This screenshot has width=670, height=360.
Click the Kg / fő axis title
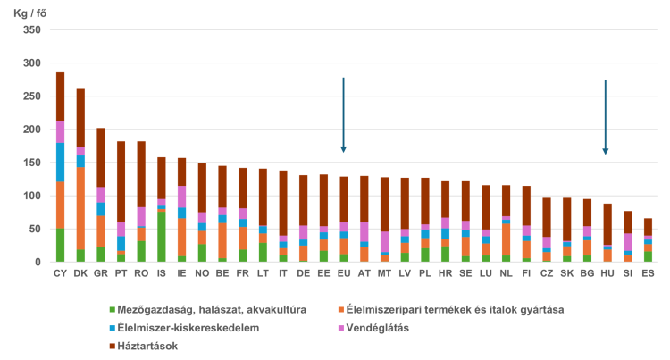(29, 13)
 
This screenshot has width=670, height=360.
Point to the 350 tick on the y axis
(32, 29)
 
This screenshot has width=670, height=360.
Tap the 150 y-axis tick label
(32, 163)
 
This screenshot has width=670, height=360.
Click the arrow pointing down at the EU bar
(343, 115)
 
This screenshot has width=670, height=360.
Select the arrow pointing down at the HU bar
(605, 117)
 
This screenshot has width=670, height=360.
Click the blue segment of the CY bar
(60, 163)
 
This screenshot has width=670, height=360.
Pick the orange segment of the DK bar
(80, 208)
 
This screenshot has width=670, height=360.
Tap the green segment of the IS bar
(162, 237)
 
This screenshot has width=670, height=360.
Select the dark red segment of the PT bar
(121, 182)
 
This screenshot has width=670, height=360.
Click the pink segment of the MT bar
(384, 242)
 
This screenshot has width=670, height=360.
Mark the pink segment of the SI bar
(627, 242)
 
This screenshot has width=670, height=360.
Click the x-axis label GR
(101, 273)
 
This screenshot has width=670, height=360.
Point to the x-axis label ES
(648, 273)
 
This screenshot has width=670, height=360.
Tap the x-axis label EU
(344, 273)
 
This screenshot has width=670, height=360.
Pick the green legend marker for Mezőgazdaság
(113, 310)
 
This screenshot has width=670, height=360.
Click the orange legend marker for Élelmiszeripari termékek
(341, 310)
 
